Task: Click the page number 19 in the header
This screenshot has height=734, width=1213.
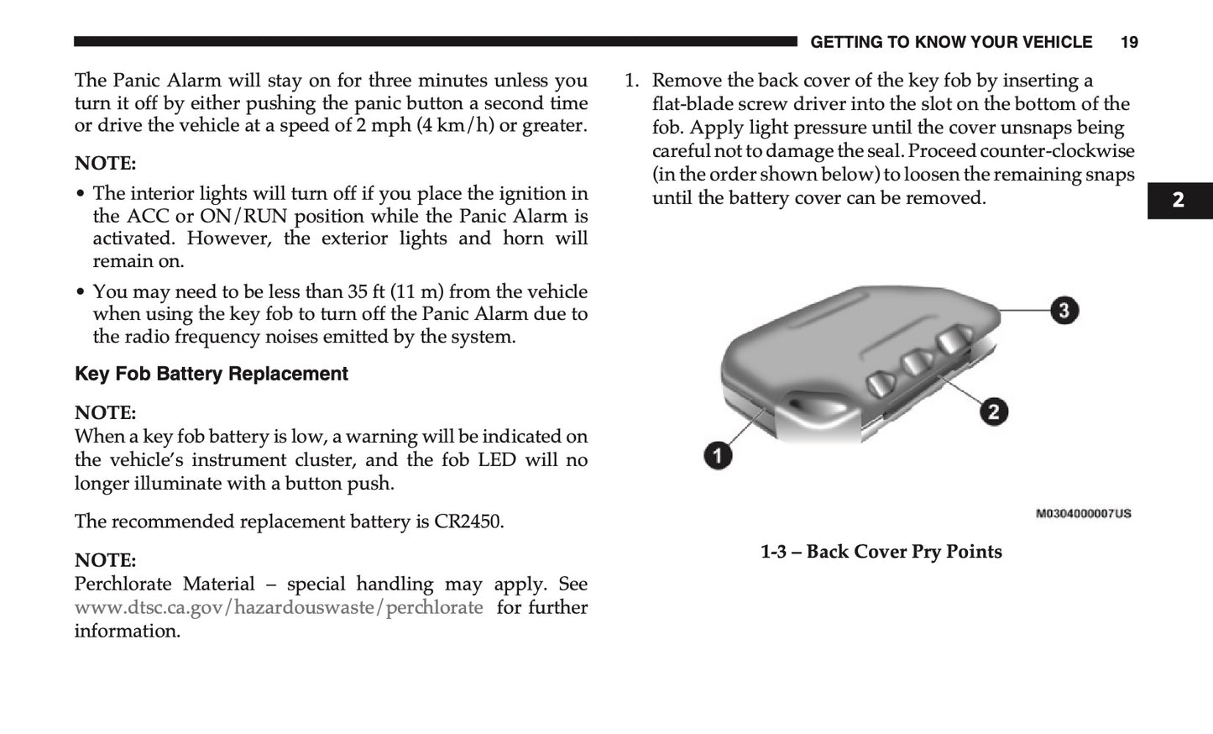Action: pos(1129,42)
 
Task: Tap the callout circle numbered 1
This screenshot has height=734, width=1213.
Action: pos(717,456)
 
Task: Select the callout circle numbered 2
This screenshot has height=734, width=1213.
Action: pos(994,412)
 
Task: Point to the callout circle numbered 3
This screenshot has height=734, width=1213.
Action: pos(1064,311)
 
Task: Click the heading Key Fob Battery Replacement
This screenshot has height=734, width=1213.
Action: pos(211,374)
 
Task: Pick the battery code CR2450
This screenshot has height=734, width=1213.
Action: pos(468,522)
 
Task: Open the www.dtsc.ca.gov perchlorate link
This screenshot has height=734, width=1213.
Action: pos(279,607)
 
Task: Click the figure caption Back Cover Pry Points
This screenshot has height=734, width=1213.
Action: pos(881,552)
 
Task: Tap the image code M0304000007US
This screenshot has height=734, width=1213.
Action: pos(1083,513)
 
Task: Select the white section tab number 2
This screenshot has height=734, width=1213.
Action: pos(1179,200)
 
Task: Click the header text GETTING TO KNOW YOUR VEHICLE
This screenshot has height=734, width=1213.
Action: pos(951,42)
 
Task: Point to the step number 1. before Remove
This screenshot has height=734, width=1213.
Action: pos(631,81)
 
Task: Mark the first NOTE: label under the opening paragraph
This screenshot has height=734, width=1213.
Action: pos(105,163)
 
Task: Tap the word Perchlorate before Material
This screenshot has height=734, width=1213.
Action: pos(123,584)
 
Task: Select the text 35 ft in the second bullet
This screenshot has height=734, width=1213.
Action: pos(366,291)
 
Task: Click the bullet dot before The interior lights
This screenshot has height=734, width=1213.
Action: pos(81,194)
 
